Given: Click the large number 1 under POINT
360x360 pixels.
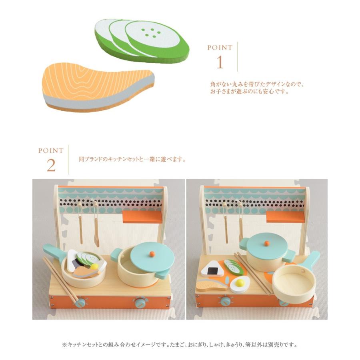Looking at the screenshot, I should point(220,62).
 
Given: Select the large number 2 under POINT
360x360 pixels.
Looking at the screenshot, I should point(51,165).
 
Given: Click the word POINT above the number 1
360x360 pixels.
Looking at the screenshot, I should point(220,48).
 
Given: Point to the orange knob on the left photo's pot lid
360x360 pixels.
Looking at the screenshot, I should point(152,254).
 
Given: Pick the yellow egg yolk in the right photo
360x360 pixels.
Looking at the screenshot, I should point(240,283).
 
